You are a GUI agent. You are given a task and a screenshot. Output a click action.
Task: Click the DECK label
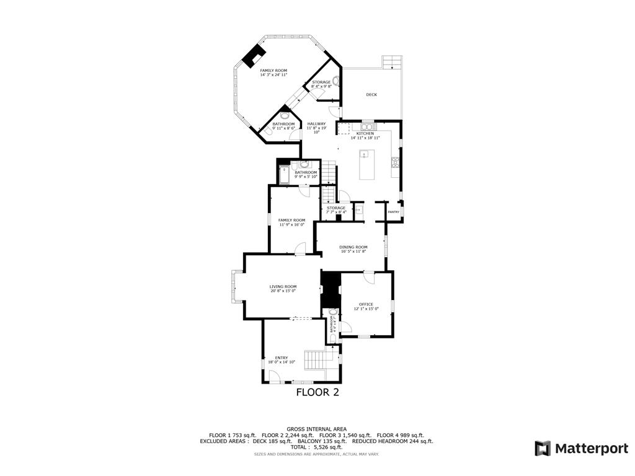[x=371, y=95]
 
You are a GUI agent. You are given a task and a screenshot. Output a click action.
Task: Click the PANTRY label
[x=393, y=212]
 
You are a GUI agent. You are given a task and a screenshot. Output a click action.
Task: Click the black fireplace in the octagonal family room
[x=252, y=56]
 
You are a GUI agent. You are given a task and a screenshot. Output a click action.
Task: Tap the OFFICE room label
[x=366, y=304]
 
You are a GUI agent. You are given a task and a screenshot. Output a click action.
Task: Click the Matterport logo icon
[x=543, y=448]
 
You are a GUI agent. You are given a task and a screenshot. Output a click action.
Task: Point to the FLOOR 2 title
[x=317, y=392]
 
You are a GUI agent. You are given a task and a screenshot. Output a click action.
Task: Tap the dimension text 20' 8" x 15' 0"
[x=283, y=291]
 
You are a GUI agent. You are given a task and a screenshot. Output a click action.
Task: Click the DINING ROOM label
[x=353, y=247]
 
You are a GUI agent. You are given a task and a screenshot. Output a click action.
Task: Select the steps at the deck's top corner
[x=392, y=62]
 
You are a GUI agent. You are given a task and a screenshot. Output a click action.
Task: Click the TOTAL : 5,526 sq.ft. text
[x=317, y=447]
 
